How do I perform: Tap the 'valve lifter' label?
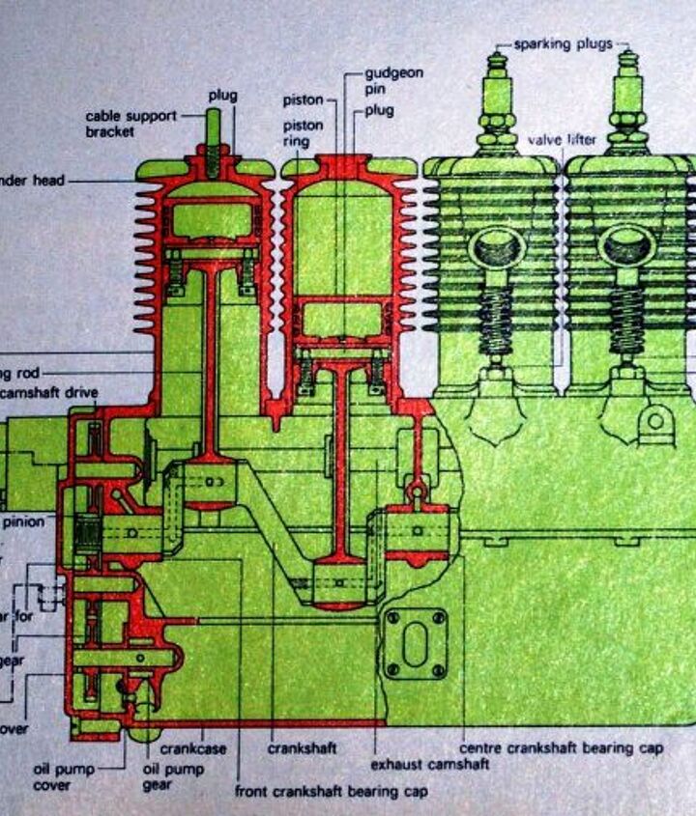(562, 140)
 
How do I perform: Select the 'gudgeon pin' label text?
(393, 80)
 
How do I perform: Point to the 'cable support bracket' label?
(130, 123)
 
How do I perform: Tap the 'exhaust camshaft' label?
(429, 765)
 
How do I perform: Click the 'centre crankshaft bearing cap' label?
(561, 748)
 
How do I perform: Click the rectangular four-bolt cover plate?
(414, 642)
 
